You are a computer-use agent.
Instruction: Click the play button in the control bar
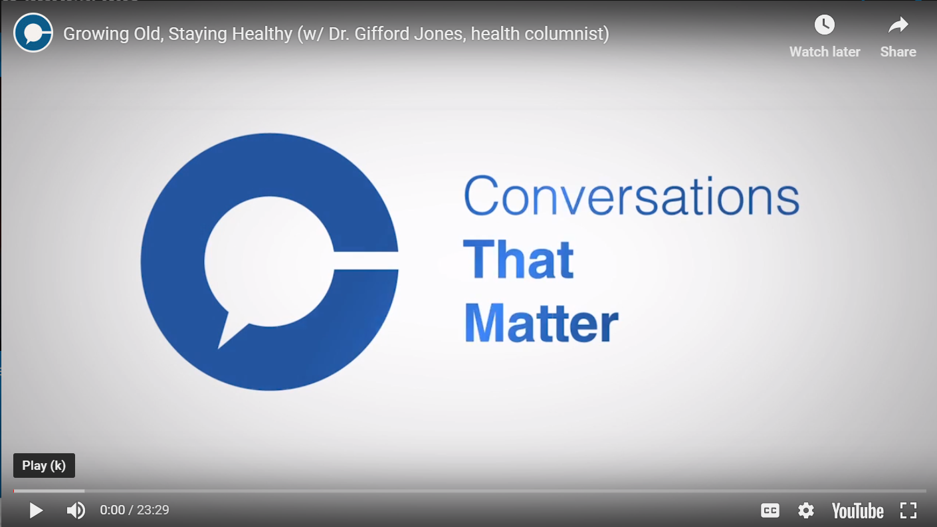click(x=36, y=510)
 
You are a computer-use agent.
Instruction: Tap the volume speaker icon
click(x=76, y=510)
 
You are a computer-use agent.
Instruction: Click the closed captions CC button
click(x=770, y=510)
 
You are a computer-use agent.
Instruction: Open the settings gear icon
click(x=805, y=510)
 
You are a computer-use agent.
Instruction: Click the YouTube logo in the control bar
click(x=857, y=510)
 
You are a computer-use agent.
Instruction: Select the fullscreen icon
click(x=908, y=510)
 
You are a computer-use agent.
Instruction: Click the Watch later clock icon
click(x=825, y=25)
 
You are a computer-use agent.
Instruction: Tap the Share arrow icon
click(x=898, y=25)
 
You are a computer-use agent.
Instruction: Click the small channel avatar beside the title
click(x=33, y=33)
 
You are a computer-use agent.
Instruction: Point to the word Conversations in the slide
click(x=631, y=196)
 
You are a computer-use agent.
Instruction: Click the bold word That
click(x=518, y=259)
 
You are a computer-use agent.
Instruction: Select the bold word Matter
click(x=541, y=323)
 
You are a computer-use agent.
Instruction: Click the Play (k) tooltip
click(x=44, y=465)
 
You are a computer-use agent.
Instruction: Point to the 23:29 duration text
click(x=153, y=510)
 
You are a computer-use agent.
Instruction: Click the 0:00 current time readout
click(x=112, y=510)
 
